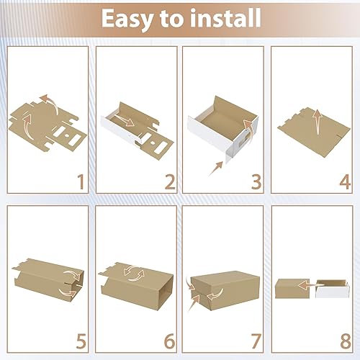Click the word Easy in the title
coord(128,19)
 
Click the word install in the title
coord(225,17)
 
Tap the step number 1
coord(81,182)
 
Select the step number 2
coord(170,182)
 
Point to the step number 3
coord(256,182)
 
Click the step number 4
coord(345,182)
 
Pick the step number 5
coord(81,341)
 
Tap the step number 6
coord(170,341)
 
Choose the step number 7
coord(256,341)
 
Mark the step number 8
coord(346,341)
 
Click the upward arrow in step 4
coord(318,122)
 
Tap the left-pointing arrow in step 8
coord(310,285)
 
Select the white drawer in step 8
coord(332,289)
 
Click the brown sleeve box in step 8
coord(292,289)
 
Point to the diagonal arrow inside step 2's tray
coord(124,120)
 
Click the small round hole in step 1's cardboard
coord(67,135)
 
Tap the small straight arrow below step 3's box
coord(216,168)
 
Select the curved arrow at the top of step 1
coord(51,103)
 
